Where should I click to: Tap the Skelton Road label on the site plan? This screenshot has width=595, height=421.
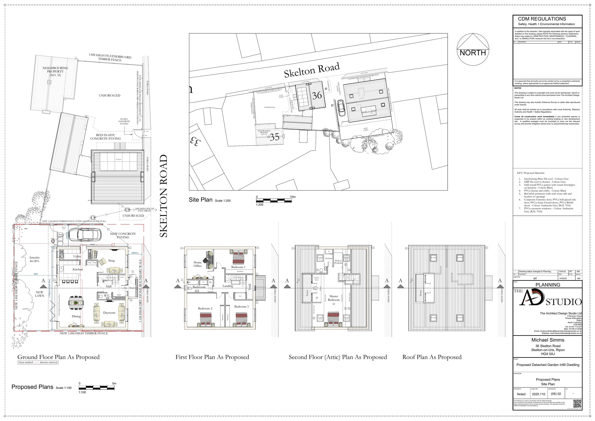pos(312,70)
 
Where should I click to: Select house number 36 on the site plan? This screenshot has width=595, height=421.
pos(317,96)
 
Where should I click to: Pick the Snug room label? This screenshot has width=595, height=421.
pos(111,261)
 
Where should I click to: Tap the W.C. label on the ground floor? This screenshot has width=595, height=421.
pos(107,296)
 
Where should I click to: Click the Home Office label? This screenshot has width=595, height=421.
pos(198,264)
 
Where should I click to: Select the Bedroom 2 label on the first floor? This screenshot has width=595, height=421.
pos(205,308)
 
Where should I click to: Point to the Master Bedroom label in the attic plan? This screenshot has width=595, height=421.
pos(334,298)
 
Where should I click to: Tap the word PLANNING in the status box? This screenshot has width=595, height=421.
pos(548,285)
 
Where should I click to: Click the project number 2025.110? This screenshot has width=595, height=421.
pos(538,394)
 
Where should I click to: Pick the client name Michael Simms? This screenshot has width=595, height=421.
pos(548,340)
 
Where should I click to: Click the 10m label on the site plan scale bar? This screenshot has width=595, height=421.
pos(293,197)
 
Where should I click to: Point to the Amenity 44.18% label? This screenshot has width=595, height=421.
pos(34,259)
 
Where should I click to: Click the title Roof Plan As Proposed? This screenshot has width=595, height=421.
pos(432,357)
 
